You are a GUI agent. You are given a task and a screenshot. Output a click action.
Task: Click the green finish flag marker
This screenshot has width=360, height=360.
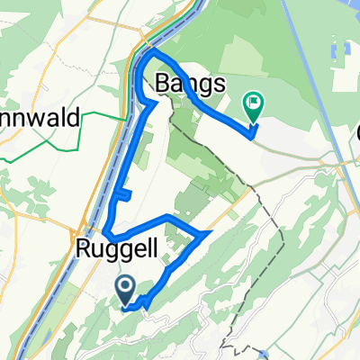click(253, 108)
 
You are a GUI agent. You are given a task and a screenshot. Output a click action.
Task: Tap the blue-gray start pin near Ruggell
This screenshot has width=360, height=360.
click(125, 288)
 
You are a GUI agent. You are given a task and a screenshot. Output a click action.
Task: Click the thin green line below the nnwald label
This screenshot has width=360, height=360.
click(54, 148)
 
